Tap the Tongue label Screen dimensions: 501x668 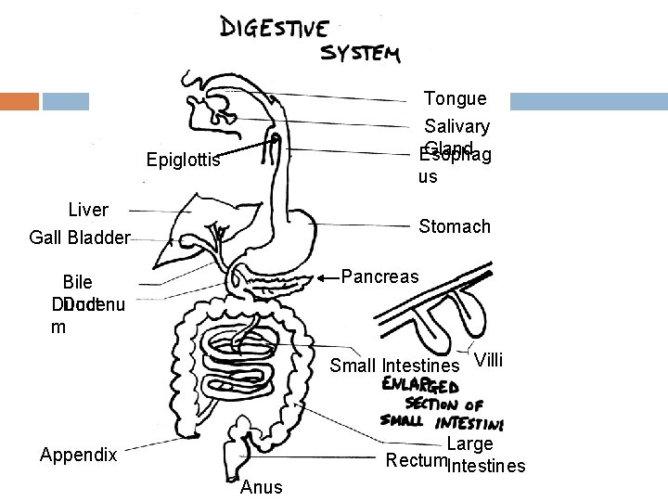(x=455, y=98)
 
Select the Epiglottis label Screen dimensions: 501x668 (x=184, y=161)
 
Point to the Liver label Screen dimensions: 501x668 (x=88, y=211)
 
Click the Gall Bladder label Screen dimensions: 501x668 (x=79, y=238)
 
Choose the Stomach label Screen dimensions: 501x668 (x=455, y=226)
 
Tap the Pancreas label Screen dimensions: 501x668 (x=380, y=276)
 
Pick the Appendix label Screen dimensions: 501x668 (x=79, y=456)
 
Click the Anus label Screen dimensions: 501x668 (x=261, y=487)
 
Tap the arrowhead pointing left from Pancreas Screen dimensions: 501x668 (x=322, y=276)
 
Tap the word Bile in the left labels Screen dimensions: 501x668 (x=77, y=283)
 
